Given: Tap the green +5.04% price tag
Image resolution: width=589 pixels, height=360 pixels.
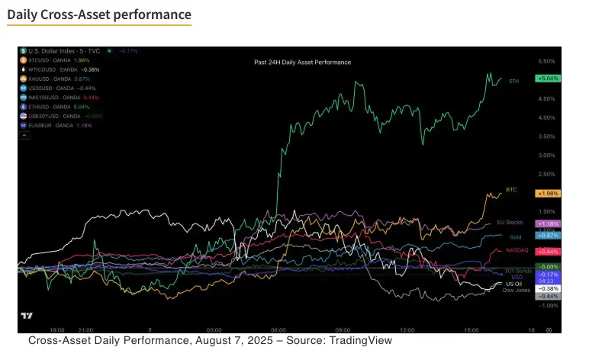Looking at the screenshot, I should [548, 79].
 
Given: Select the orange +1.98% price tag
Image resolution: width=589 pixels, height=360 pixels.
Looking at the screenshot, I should [548, 193].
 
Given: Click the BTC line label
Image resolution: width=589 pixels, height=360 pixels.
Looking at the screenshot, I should [511, 189].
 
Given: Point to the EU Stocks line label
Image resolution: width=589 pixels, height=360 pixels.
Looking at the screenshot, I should [510, 222].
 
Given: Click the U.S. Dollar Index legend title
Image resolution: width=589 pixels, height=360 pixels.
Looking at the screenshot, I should [56, 50].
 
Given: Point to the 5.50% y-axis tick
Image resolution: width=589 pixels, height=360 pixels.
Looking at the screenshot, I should [546, 60].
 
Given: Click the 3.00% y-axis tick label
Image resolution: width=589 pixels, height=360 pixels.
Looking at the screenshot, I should [546, 155].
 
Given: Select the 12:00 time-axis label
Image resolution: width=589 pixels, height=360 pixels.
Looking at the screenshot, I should [407, 330].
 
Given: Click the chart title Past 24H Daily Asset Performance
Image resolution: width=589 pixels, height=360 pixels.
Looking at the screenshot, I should [302, 61].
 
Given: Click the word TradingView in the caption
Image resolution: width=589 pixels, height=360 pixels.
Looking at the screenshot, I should [360, 341].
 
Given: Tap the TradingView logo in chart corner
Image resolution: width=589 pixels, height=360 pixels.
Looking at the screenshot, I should [27, 317].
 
